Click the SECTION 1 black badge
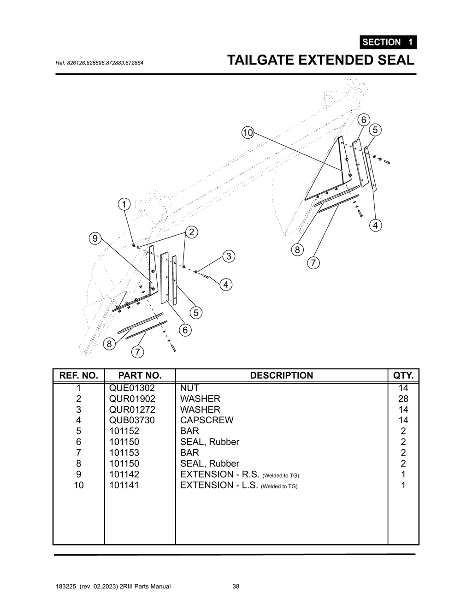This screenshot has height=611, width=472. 388,42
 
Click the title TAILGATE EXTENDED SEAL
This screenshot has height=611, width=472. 321,60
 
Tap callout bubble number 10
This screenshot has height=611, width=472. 248,133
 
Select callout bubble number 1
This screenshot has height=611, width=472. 124,204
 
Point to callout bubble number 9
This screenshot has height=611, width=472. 95,238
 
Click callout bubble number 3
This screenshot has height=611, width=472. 228,256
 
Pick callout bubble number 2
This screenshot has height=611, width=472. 191,232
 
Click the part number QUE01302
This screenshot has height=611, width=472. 132,388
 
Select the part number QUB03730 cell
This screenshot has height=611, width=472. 132,420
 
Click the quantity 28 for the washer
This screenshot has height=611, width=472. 403,398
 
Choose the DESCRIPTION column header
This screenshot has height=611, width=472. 281,375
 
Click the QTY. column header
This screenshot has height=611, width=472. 403,375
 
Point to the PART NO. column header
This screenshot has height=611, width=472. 140,375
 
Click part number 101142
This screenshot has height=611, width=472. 124,474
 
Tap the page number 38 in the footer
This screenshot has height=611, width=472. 236,587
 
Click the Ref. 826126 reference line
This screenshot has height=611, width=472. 99,62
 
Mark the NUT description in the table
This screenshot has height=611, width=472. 189,388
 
